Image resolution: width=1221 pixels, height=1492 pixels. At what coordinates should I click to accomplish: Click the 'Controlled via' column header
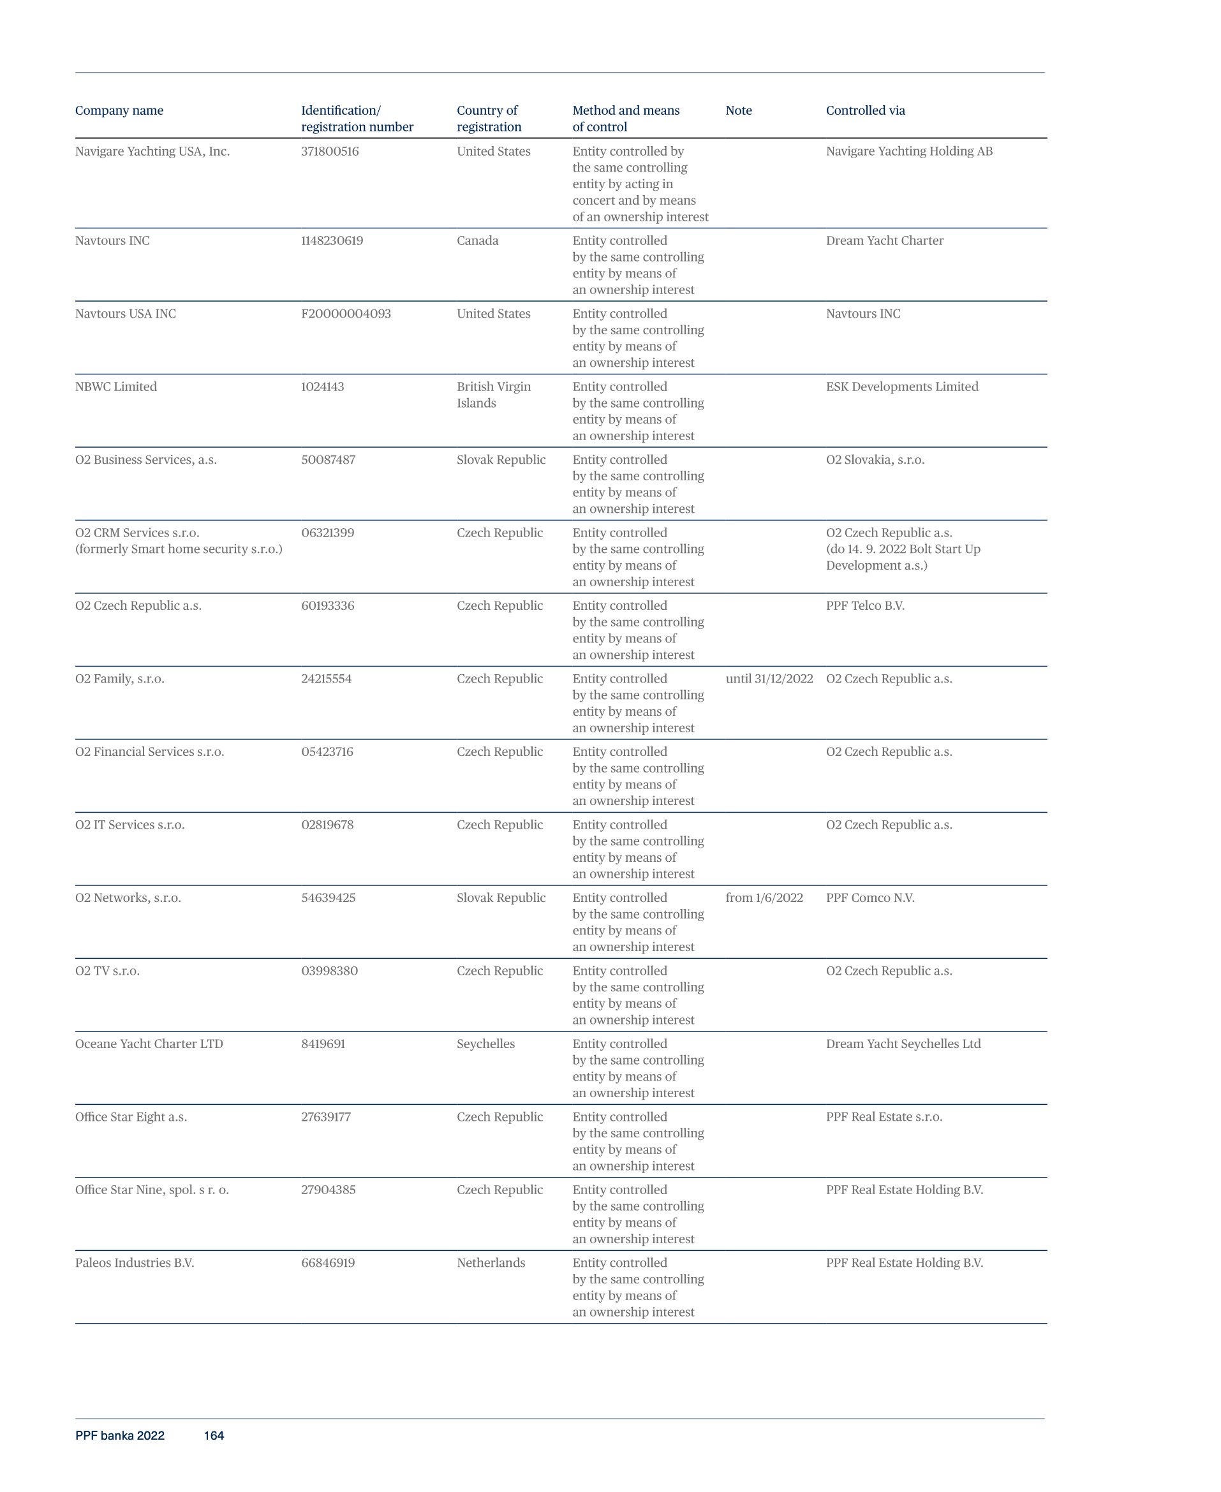(x=865, y=110)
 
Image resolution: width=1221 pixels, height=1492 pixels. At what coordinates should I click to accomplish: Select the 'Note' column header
(x=739, y=110)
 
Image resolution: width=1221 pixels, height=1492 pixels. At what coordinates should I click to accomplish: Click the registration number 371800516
(x=330, y=151)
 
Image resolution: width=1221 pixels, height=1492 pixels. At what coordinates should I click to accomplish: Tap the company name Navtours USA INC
(x=125, y=314)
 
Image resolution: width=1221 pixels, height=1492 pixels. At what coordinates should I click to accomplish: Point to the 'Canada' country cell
(x=477, y=240)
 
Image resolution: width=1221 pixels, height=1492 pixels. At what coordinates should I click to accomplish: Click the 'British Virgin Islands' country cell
(x=493, y=394)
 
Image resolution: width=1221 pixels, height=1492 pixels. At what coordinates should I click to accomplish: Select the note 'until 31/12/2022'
(x=769, y=679)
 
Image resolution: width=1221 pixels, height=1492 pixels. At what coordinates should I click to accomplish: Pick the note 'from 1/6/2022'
(x=764, y=898)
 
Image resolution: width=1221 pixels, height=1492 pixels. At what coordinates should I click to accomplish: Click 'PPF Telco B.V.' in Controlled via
(x=864, y=605)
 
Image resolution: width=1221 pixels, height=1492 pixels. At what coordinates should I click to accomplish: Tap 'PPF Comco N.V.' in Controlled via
(x=870, y=898)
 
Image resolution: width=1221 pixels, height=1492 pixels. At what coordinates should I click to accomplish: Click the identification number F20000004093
(x=345, y=314)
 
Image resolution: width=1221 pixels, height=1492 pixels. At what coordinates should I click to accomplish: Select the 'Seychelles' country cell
(x=485, y=1044)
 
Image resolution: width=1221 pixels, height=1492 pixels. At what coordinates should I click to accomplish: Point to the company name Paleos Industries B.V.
(x=135, y=1263)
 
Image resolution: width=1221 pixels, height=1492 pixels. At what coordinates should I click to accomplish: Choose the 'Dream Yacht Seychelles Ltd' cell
(x=903, y=1044)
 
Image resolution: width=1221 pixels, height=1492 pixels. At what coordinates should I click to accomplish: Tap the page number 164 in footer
(x=214, y=1436)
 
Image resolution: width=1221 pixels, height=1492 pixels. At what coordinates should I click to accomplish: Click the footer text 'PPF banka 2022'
(x=119, y=1436)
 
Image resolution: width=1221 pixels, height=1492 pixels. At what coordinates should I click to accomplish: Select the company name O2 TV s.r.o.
(x=107, y=971)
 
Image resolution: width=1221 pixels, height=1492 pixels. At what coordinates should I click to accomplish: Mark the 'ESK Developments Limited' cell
(x=901, y=387)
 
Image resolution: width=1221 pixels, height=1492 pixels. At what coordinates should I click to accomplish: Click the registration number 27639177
(x=325, y=1117)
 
